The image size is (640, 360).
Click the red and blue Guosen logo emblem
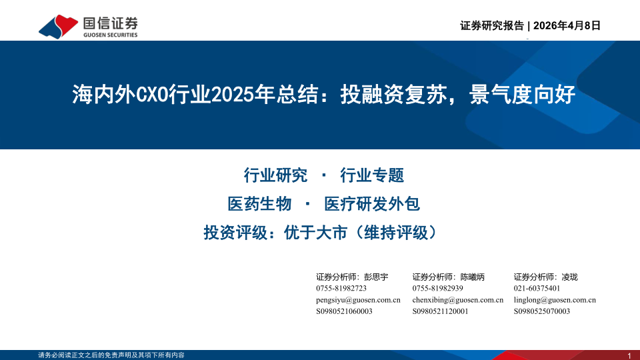click(x=59, y=27)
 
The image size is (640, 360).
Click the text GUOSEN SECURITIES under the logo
click(x=110, y=35)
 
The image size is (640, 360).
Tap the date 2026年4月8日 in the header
click(x=567, y=25)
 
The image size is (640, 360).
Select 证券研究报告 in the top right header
click(x=492, y=25)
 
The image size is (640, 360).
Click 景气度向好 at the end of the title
click(x=522, y=95)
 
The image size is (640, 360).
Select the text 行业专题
click(x=372, y=175)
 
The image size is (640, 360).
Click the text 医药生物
click(x=259, y=204)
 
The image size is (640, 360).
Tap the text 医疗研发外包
click(x=372, y=204)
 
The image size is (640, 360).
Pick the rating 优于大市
click(x=315, y=233)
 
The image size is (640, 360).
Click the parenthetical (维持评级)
click(x=396, y=233)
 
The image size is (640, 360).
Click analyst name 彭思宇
click(x=376, y=277)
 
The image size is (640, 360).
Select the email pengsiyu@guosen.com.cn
click(x=358, y=300)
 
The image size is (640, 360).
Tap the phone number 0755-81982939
click(x=437, y=288)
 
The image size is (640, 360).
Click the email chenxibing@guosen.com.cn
click(x=457, y=300)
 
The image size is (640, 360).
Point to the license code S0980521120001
click(x=440, y=311)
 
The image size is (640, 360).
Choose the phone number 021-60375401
click(x=537, y=288)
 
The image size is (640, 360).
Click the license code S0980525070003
click(x=541, y=311)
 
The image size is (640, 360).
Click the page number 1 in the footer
click(x=629, y=356)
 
